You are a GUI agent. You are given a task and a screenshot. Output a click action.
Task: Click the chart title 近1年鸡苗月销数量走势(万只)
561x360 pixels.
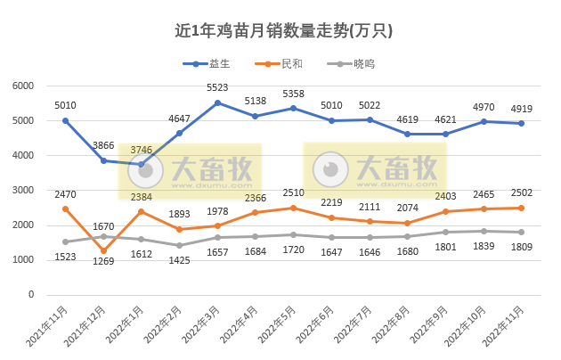tap(283, 30)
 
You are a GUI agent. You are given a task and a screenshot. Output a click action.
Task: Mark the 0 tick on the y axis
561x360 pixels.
tap(30, 294)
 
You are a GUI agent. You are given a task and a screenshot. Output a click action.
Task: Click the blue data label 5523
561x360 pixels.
tap(219, 88)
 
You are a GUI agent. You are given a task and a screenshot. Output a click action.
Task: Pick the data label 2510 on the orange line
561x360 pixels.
tap(294, 193)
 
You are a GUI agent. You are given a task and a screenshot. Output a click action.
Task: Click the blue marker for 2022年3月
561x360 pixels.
tap(217, 102)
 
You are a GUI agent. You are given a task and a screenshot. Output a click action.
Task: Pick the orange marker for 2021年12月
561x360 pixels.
tap(103, 250)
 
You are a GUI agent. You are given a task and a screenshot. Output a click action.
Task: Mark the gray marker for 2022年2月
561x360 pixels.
tap(179, 245)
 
